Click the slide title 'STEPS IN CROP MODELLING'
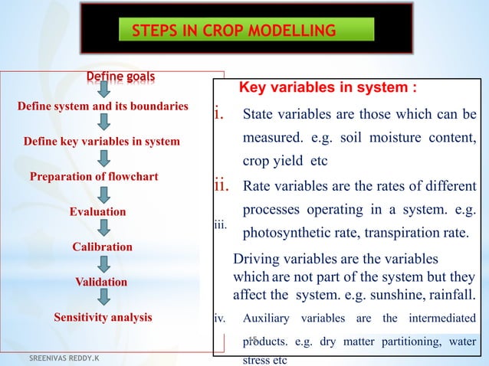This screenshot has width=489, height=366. [234, 31]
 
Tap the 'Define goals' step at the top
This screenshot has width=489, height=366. [120, 77]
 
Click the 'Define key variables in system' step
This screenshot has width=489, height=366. [102, 141]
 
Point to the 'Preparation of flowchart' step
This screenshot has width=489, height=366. [94, 177]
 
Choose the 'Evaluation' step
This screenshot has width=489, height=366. [97, 211]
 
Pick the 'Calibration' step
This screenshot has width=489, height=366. [102, 247]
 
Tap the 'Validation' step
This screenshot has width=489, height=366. [101, 282]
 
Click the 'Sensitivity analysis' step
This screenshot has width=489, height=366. [103, 316]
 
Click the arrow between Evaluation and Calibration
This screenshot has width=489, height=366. [103, 229]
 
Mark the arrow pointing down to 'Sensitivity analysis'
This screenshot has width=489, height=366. [103, 299]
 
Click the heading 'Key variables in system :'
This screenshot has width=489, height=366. [329, 87]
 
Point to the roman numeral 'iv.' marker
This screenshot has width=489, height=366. [220, 317]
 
